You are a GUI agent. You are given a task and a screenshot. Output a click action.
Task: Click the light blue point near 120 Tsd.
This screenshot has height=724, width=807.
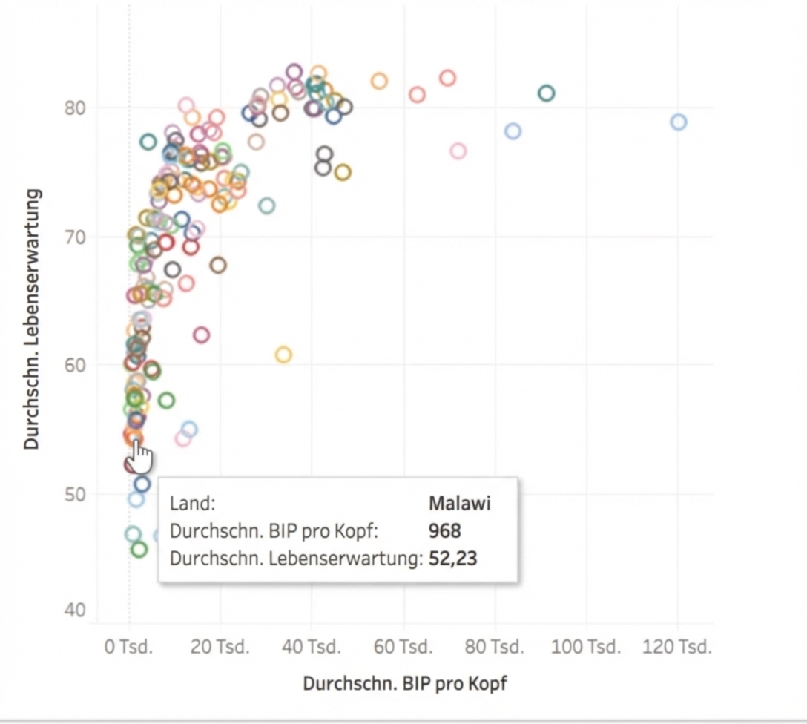(x=678, y=122)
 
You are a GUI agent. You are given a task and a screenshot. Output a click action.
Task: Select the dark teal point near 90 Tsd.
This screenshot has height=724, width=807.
(x=547, y=93)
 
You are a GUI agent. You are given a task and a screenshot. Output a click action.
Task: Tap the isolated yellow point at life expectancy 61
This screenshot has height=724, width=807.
(x=283, y=355)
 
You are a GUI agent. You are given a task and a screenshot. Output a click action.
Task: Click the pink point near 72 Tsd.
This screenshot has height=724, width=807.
(x=458, y=151)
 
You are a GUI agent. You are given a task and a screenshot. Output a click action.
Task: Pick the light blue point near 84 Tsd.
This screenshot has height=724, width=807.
(x=513, y=131)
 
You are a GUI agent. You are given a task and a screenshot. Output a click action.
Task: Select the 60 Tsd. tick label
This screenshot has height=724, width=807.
(x=403, y=647)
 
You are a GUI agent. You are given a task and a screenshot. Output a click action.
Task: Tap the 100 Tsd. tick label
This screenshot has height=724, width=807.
(x=587, y=647)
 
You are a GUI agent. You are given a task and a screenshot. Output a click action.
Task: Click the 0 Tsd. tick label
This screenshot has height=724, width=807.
(x=128, y=647)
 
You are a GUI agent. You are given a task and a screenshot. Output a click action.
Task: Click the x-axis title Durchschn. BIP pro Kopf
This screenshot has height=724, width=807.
(x=405, y=683)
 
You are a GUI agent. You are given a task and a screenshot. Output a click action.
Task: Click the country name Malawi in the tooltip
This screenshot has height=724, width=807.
(x=459, y=504)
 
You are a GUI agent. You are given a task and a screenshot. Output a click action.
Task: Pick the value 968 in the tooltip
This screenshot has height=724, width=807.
(x=444, y=531)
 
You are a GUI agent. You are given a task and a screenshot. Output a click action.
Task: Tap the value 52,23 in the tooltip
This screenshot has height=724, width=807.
(x=452, y=559)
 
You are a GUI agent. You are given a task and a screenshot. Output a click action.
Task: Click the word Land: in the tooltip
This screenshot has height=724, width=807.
(x=192, y=504)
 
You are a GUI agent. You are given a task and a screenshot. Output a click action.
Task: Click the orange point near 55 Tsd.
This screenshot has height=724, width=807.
(x=379, y=81)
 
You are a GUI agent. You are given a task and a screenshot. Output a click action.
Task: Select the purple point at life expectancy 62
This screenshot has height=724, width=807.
(x=201, y=335)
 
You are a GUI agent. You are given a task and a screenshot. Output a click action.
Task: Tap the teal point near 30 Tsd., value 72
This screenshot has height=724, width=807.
(x=266, y=205)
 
